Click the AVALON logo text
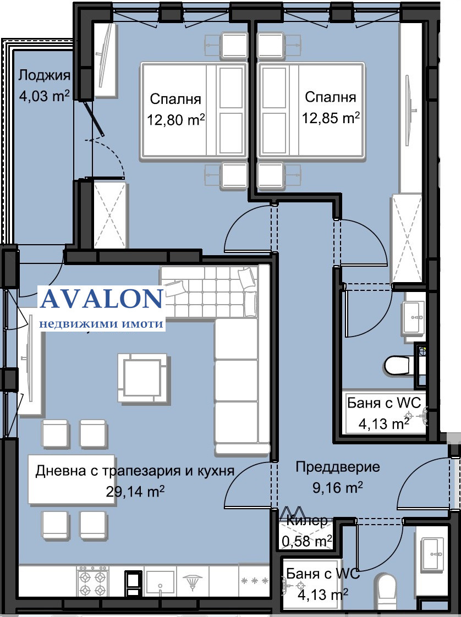102,299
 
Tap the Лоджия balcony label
44,75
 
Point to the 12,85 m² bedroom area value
331,117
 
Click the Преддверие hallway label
338,467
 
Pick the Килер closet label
306,521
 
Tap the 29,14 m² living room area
135,491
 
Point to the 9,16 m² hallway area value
337,488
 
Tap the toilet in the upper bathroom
398,366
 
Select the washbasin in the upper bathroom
413,317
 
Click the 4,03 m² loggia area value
44,96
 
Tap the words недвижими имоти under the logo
102,323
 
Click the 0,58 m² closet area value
306,541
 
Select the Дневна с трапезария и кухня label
135,470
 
